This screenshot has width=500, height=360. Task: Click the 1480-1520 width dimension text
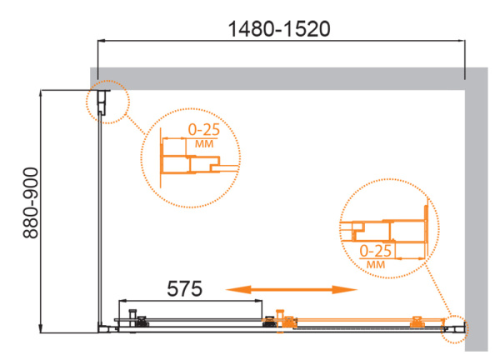click(x=279, y=29)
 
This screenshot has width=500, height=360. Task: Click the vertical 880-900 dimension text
click(x=31, y=203)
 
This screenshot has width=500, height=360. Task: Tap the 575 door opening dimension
click(x=185, y=288)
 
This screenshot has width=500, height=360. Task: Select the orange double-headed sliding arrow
click(x=292, y=289)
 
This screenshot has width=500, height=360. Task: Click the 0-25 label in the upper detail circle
click(x=204, y=130)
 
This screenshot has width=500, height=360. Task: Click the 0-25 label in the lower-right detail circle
click(x=375, y=252)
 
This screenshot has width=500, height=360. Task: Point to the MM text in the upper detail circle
click(x=204, y=144)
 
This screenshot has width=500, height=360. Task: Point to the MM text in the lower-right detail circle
click(x=376, y=264)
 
